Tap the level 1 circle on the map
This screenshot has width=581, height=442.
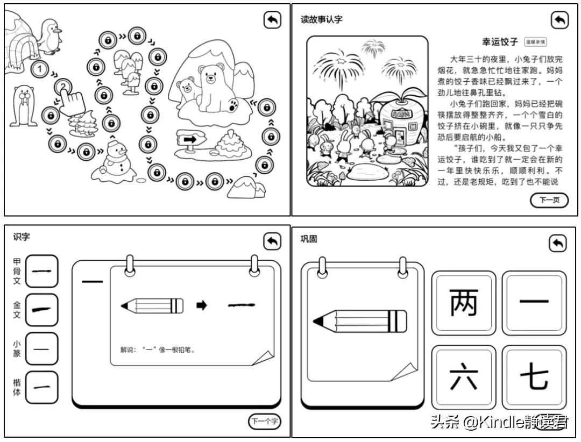pos(40,69)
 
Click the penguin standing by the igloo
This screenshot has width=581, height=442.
pos(49,37)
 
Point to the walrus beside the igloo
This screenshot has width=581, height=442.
pos(22,105)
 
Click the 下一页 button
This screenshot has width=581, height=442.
pos(549,201)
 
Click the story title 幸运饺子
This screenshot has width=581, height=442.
pos(499,41)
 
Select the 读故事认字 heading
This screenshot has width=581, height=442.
pos(321,20)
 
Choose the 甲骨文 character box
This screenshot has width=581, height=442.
pos(41,271)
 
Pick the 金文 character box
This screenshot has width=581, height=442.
pos(41,310)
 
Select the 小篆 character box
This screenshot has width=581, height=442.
pos(41,349)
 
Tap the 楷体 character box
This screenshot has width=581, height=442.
pos(41,387)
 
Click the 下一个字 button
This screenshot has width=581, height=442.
pos(264,422)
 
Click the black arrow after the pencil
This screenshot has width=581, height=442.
pos(201,305)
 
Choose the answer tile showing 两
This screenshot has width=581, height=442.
pos(464,302)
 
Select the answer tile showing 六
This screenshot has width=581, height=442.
pos(464,377)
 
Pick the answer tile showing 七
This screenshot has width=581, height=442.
pos(534,377)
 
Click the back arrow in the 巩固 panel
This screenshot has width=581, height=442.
pos(557,244)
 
